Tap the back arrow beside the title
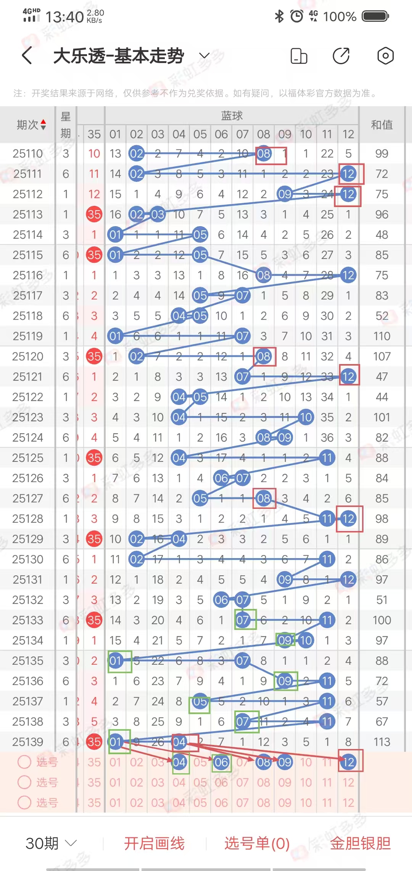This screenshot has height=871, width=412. pos(27,56)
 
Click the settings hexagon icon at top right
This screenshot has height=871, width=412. pos(385,56)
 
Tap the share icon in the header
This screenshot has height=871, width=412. pos(341,56)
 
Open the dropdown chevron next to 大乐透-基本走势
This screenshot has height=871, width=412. pos(204,56)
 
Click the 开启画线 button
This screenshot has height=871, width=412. pos(154,843)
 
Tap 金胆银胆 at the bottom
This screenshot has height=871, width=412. pos(360,843)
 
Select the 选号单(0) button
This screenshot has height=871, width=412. pos(257,843)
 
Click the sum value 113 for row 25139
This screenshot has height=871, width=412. pos(381,742)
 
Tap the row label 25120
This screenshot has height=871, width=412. pos(27,356)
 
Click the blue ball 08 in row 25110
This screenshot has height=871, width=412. pos(264,154)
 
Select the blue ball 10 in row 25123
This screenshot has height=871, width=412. pos(306,417)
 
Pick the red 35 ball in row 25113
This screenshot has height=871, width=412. pos(94,214)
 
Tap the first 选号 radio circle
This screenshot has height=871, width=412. pos(24,762)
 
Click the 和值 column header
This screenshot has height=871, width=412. pos(381,125)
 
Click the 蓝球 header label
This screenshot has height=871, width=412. pos(232,115)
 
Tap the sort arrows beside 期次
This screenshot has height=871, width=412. pos(43,125)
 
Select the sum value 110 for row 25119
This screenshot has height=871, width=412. pos(381,336)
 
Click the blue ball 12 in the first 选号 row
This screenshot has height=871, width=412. pos(348,762)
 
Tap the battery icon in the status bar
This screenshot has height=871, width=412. pos(375,16)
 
